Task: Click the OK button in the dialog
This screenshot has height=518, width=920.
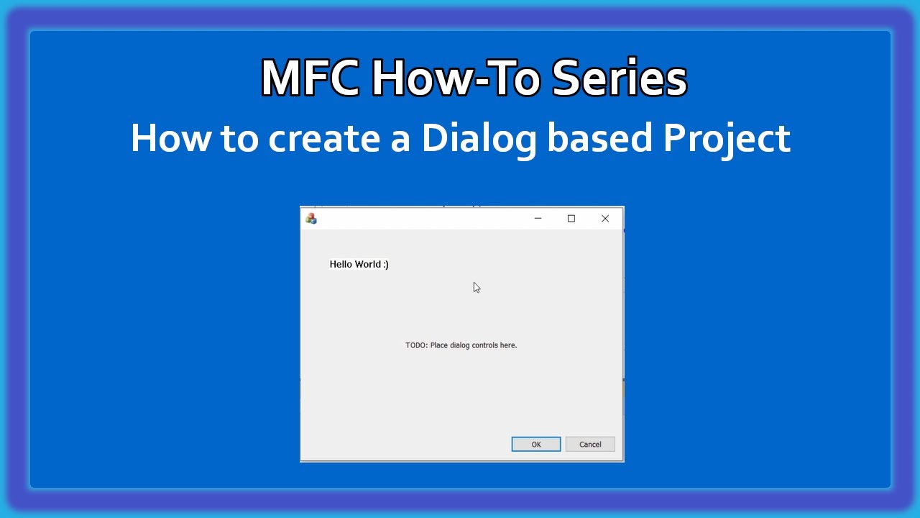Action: [535, 444]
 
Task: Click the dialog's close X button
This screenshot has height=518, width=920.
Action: [605, 219]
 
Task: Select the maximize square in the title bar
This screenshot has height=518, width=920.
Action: [571, 219]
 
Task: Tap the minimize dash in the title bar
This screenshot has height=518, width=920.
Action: [538, 219]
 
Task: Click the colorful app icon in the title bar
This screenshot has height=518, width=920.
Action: [311, 219]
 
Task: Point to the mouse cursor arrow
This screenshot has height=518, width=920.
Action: [476, 287]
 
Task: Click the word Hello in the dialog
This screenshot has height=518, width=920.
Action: [341, 264]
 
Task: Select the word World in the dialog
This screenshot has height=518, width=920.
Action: [369, 264]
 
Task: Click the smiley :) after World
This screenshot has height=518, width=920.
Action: [386, 264]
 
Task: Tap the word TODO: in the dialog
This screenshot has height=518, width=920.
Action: [416, 345]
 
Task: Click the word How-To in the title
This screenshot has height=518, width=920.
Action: [455, 78]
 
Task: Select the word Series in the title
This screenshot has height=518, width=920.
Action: [619, 78]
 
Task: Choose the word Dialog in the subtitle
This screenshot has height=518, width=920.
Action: [479, 138]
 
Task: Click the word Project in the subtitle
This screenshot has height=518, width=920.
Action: [726, 138]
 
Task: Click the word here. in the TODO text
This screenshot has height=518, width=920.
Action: [508, 345]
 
